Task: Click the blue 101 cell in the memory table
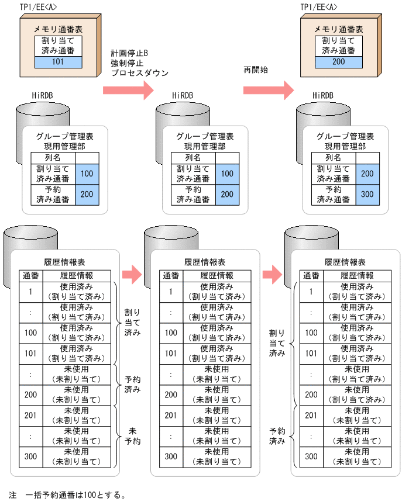(x=58, y=62)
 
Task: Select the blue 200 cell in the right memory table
(x=338, y=62)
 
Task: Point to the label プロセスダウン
(x=140, y=73)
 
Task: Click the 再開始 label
(x=255, y=70)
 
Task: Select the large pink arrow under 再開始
(x=268, y=90)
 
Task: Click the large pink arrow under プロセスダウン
(x=128, y=90)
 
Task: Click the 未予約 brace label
(x=132, y=436)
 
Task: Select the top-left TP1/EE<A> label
(x=39, y=7)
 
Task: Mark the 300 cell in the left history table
(x=31, y=456)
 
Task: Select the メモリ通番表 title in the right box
(x=338, y=29)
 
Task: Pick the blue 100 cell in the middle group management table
(x=227, y=174)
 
